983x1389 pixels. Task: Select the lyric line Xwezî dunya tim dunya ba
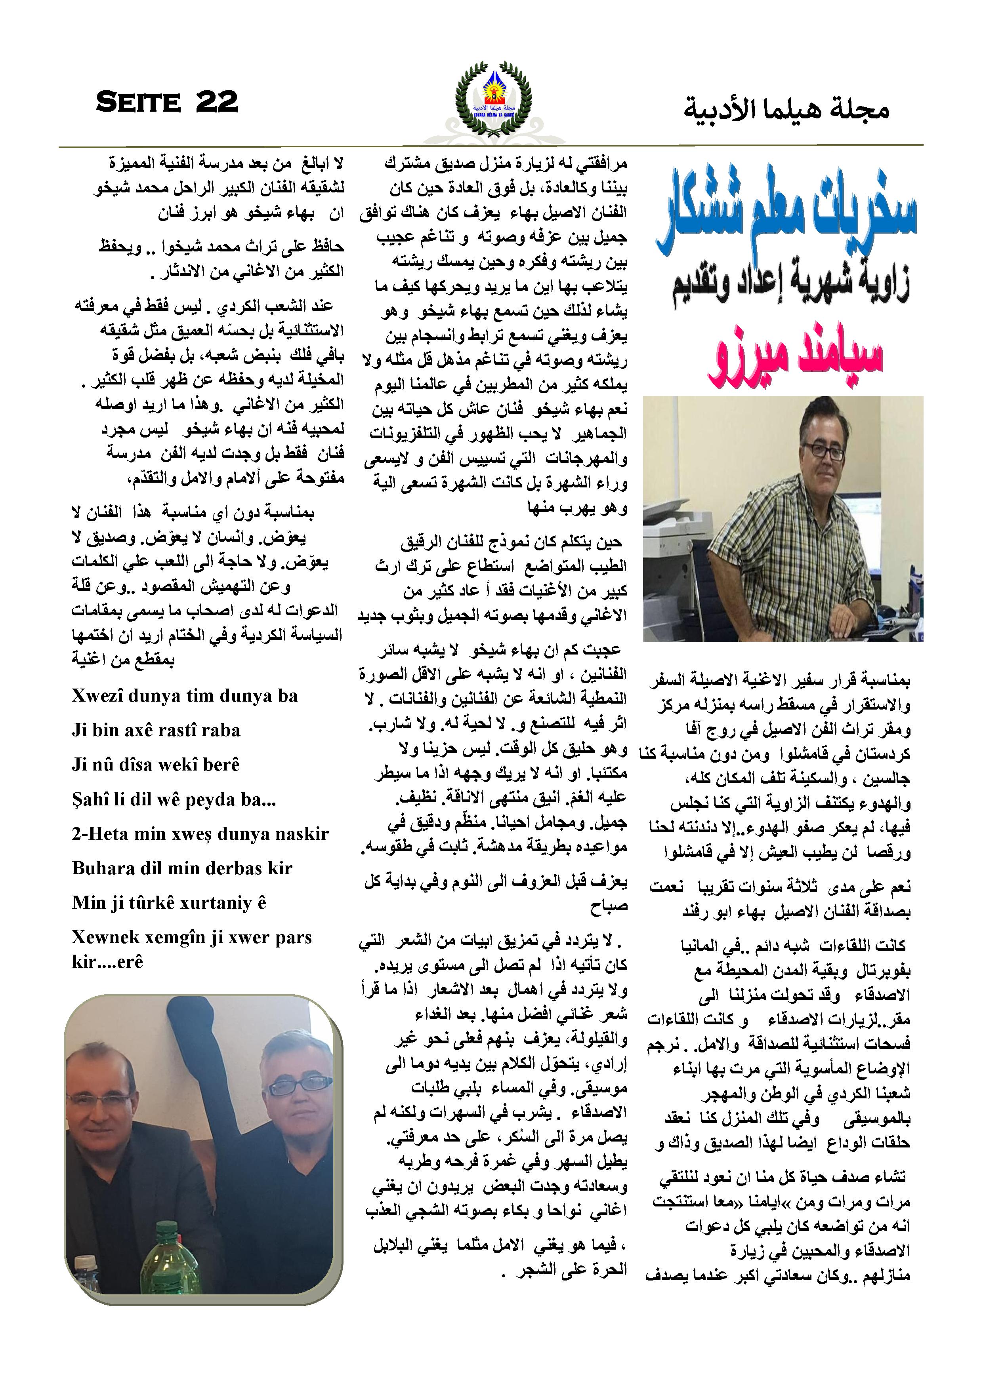click(x=185, y=696)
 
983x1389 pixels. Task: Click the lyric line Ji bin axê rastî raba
click(x=156, y=730)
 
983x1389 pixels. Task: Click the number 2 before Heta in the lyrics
click(x=76, y=834)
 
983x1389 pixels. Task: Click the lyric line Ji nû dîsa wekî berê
click(x=156, y=765)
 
